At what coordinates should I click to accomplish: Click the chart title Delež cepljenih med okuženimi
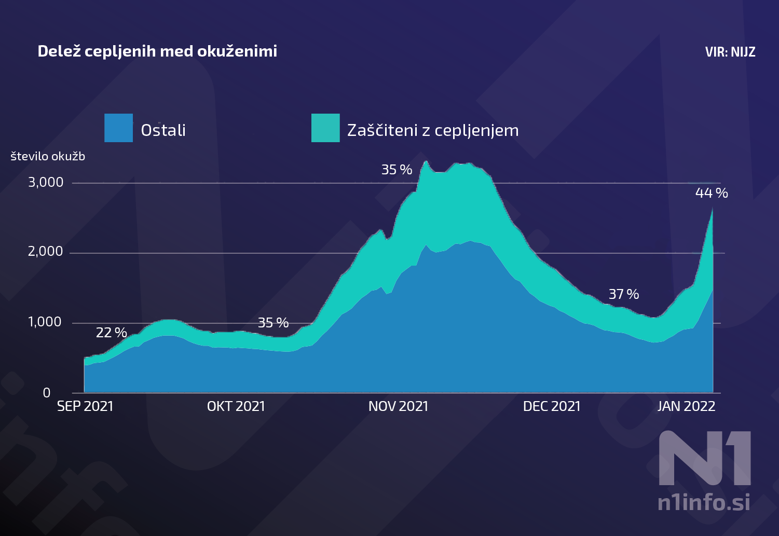pyautogui.click(x=157, y=51)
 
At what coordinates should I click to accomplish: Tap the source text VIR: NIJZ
pyautogui.click(x=730, y=52)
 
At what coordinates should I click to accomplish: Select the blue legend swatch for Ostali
pyautogui.click(x=118, y=128)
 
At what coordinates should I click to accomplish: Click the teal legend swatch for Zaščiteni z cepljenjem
pyautogui.click(x=325, y=128)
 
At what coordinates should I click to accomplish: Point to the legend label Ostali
pyautogui.click(x=163, y=130)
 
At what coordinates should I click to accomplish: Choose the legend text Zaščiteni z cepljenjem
pyautogui.click(x=433, y=130)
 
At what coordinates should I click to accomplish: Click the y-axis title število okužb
pyautogui.click(x=48, y=156)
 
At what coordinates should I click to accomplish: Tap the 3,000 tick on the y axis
pyautogui.click(x=46, y=182)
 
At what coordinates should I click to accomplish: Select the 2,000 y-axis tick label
pyautogui.click(x=46, y=252)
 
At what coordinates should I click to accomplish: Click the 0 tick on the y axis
pyautogui.click(x=47, y=393)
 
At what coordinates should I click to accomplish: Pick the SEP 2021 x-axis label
pyautogui.click(x=85, y=406)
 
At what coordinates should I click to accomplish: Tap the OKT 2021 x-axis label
pyautogui.click(x=236, y=406)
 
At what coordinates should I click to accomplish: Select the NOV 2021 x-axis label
pyautogui.click(x=398, y=406)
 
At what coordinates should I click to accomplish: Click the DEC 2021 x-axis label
pyautogui.click(x=552, y=406)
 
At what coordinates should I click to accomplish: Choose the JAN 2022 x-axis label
pyautogui.click(x=686, y=406)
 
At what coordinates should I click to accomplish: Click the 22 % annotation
pyautogui.click(x=112, y=333)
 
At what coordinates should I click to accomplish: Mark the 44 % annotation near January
pyautogui.click(x=712, y=193)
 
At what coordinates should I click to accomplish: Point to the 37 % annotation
pyautogui.click(x=624, y=294)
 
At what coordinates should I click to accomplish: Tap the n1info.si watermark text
pyautogui.click(x=704, y=502)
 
